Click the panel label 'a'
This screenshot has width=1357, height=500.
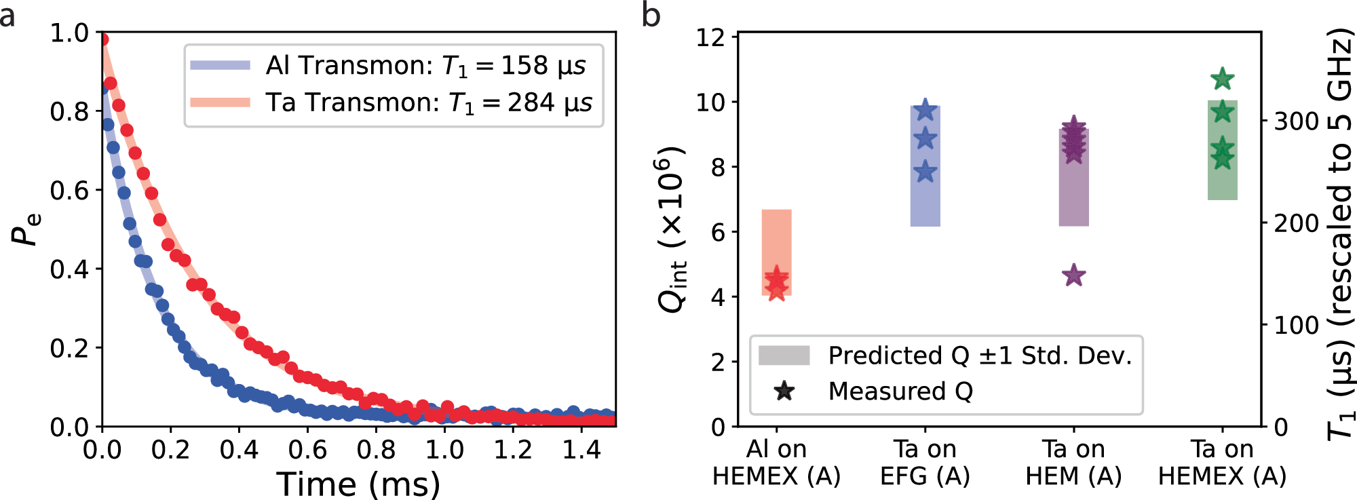(7, 15)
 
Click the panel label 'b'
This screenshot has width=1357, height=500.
(651, 15)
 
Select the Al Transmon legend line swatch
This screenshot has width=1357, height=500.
(221, 66)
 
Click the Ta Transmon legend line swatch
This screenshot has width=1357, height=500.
(221, 102)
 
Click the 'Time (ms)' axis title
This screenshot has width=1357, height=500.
(358, 484)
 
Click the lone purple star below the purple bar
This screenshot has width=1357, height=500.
(1073, 276)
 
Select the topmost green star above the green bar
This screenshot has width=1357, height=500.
(1222, 79)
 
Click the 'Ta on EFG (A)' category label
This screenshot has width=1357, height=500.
(925, 463)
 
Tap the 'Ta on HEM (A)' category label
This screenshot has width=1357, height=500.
(1073, 463)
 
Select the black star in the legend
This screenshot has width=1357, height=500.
(784, 391)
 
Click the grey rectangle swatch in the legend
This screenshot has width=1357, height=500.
(784, 355)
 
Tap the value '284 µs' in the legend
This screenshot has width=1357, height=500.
(550, 102)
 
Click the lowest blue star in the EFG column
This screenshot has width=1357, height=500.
(925, 172)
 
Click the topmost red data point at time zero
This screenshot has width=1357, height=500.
(104, 39)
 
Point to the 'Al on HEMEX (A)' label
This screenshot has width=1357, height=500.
(776, 463)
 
